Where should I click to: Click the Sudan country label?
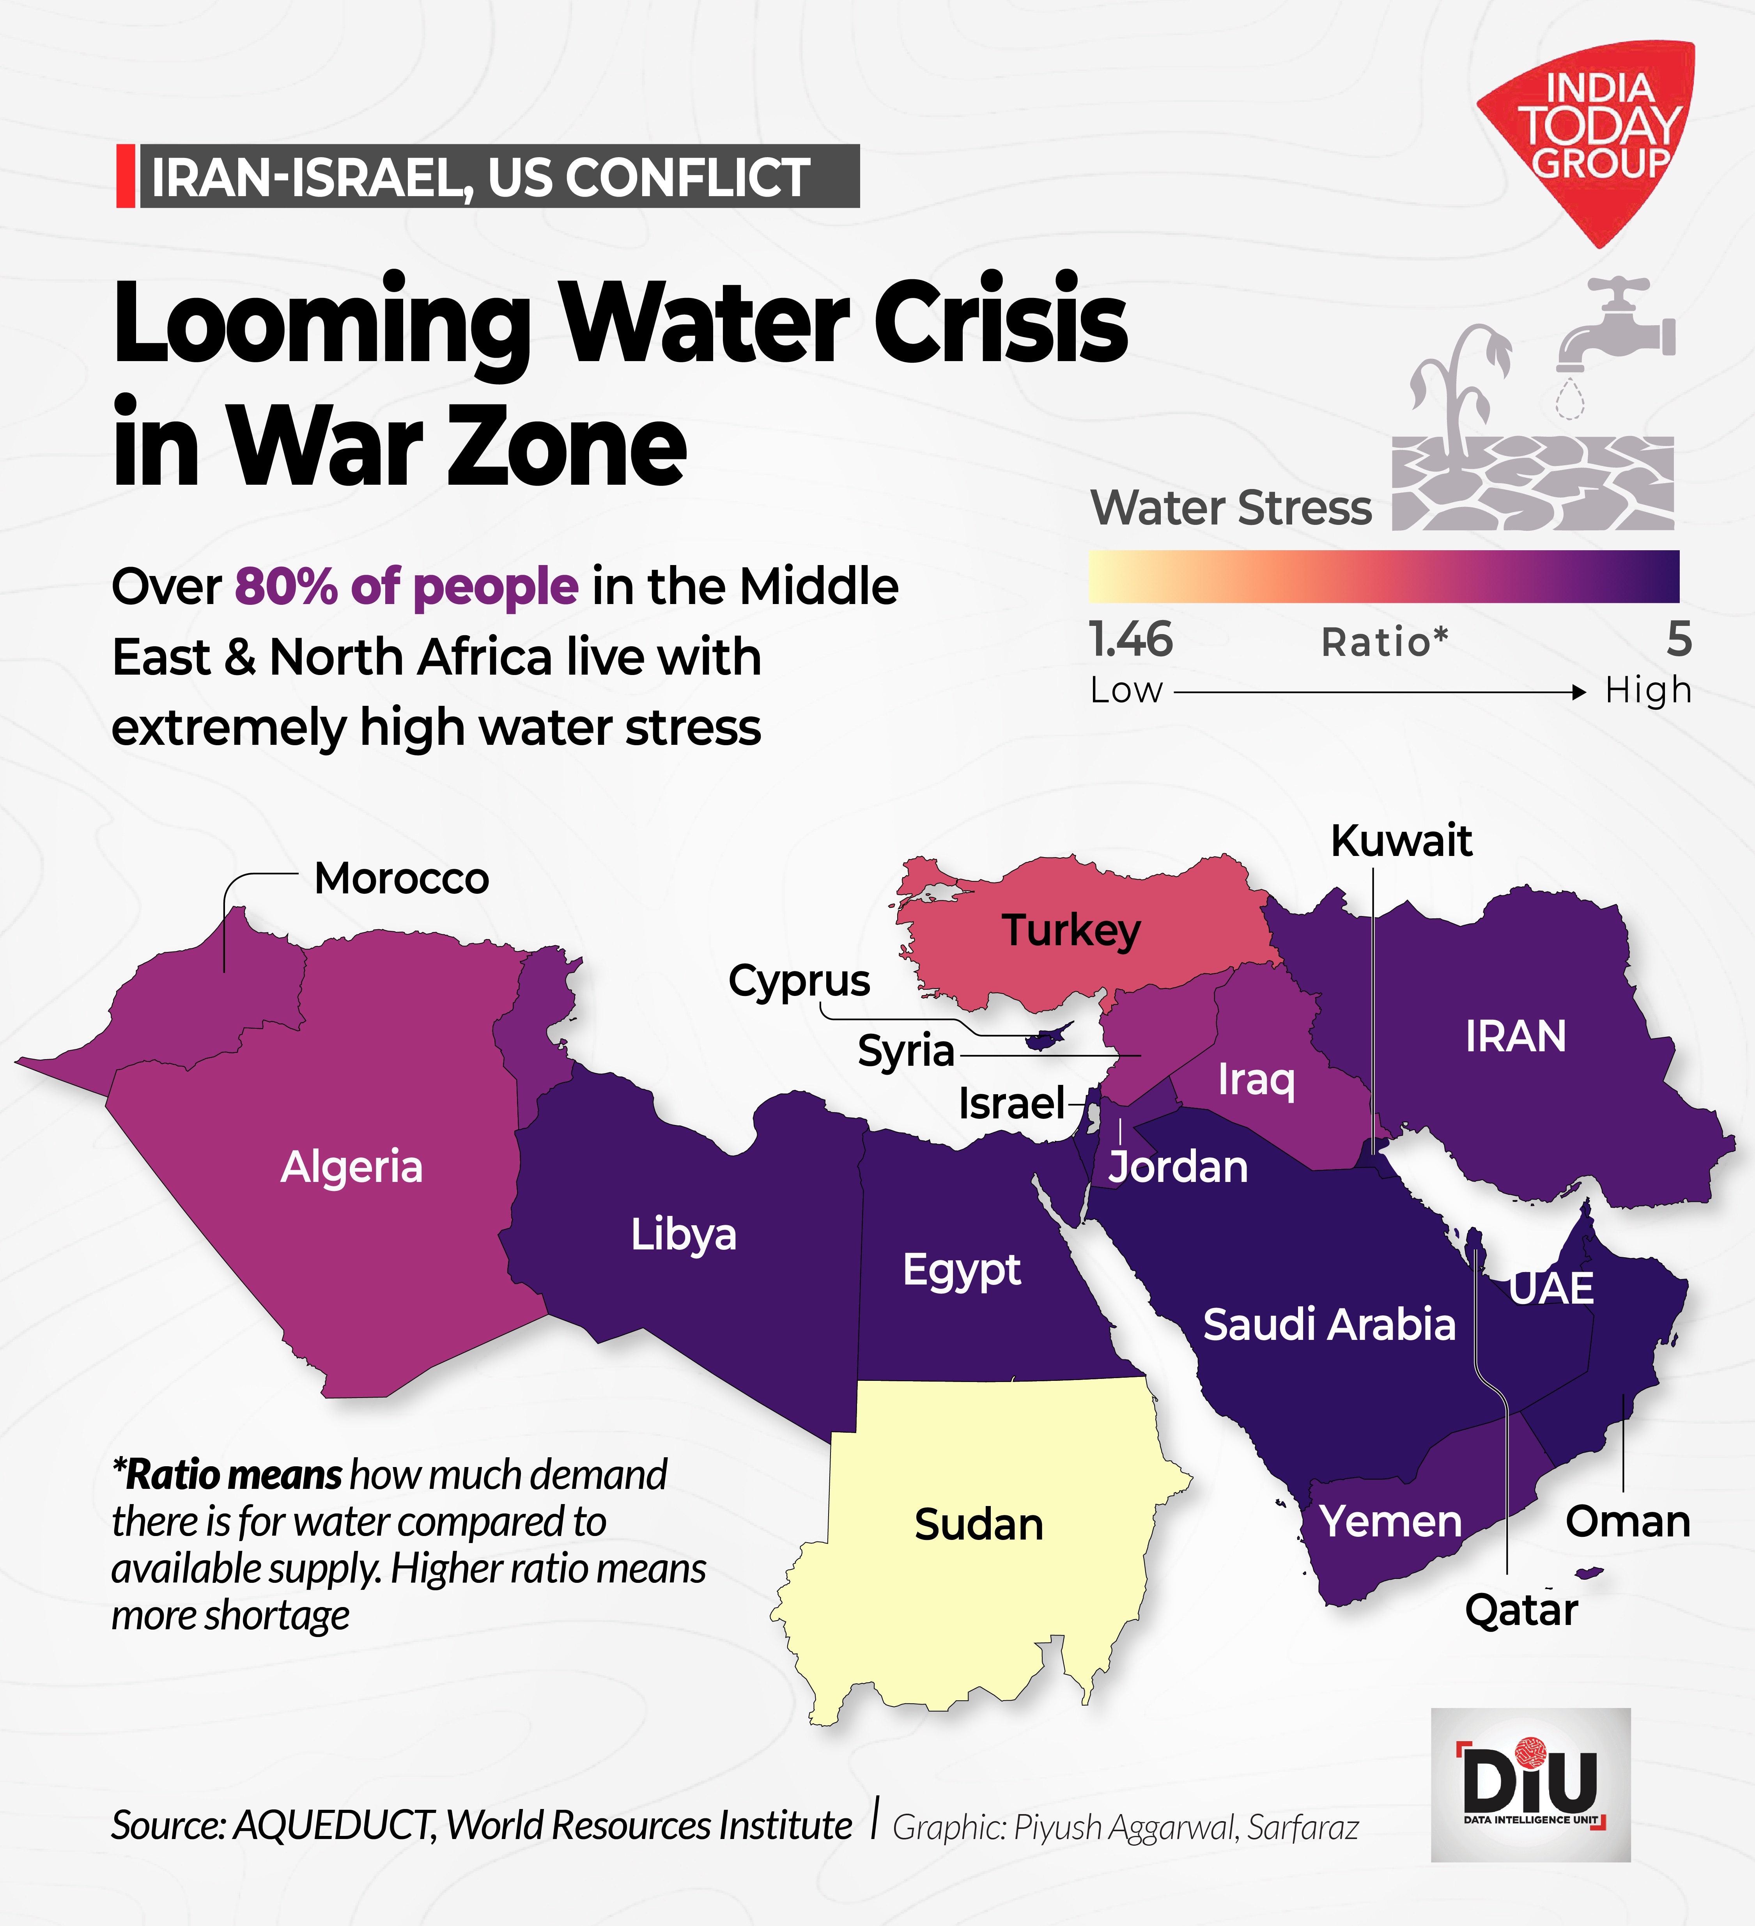coord(978,1524)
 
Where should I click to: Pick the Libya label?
coord(683,1234)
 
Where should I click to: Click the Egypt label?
coord(961,1270)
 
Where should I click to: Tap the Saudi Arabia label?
coord(1328,1324)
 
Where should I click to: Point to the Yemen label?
coord(1390,1521)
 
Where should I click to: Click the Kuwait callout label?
coord(1401,841)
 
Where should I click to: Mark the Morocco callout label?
coord(401,878)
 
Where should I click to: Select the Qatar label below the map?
coord(1521,1610)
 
